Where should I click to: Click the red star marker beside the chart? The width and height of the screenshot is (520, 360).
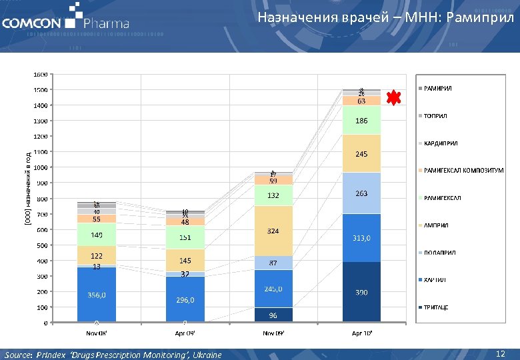pos(394,98)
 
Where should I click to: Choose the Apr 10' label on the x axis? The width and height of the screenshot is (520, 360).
pos(361,331)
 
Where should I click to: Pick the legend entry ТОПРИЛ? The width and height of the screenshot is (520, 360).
pos(435,116)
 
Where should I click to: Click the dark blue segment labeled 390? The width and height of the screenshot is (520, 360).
pos(361,292)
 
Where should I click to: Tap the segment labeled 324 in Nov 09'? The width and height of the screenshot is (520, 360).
pos(273,231)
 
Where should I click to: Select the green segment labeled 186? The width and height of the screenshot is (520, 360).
pos(361,121)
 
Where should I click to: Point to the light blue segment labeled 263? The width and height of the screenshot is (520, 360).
pos(361,193)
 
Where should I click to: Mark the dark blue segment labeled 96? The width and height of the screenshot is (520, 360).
pos(273,315)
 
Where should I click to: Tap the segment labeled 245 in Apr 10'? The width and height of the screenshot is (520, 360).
pos(361,154)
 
